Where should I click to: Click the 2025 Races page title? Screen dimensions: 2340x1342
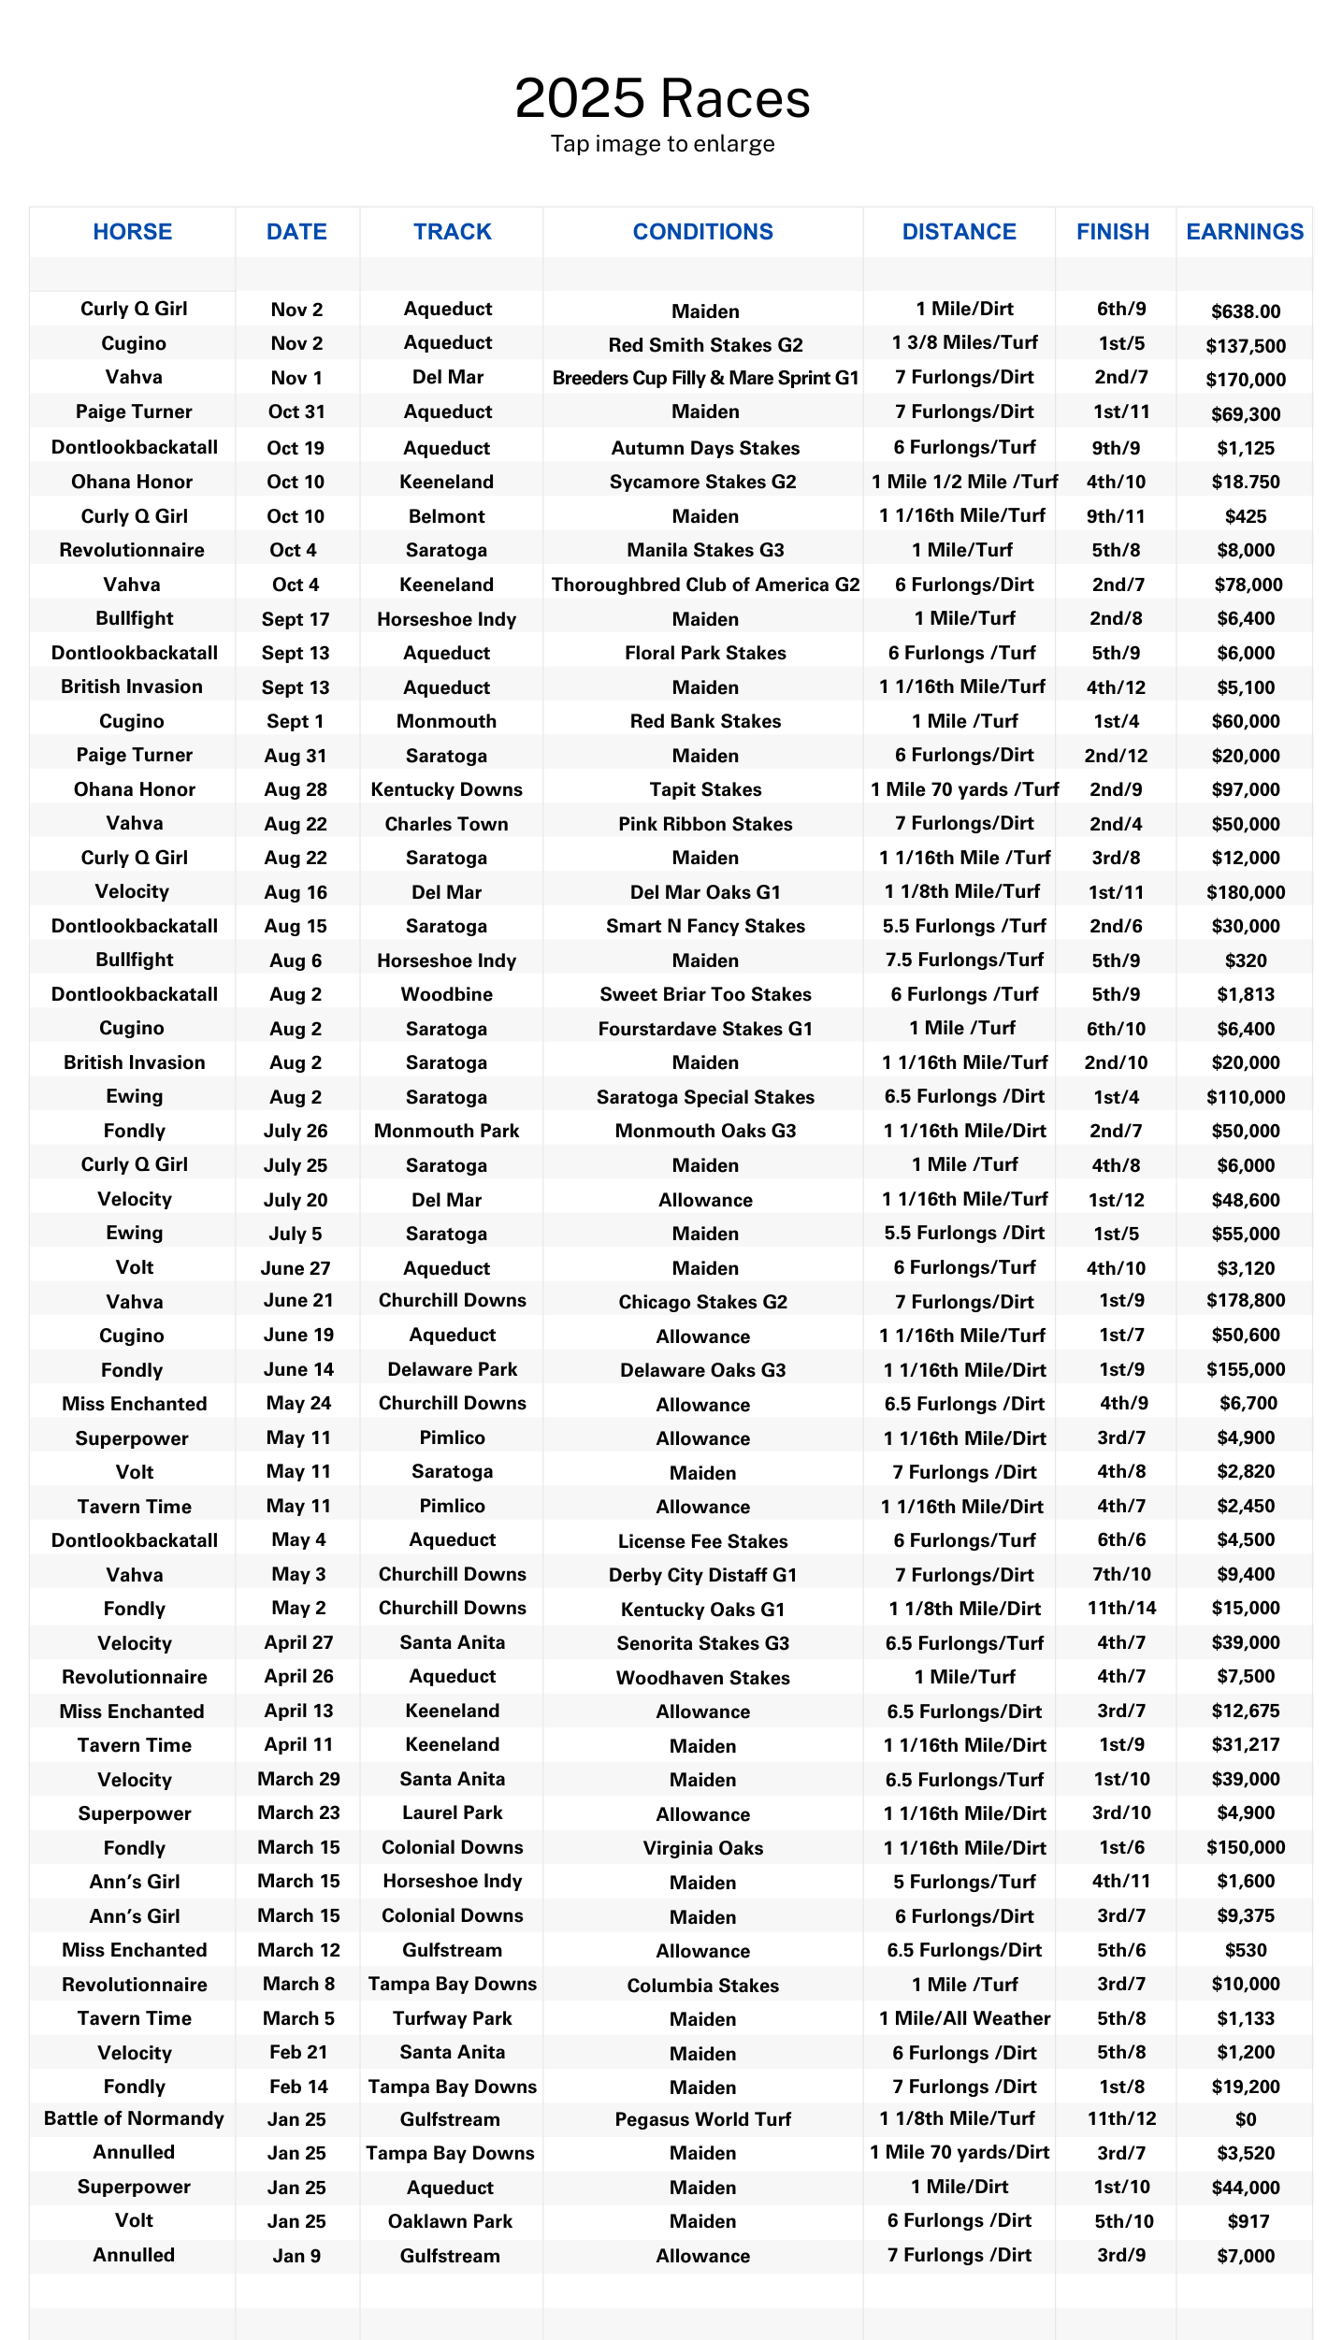[x=662, y=99]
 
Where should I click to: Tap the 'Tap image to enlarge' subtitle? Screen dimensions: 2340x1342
[x=662, y=144]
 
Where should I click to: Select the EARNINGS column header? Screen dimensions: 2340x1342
[x=1245, y=232]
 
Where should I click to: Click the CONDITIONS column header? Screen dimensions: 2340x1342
[x=703, y=232]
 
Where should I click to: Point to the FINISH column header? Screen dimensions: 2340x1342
[x=1113, y=232]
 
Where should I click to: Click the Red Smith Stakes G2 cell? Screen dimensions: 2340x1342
[x=705, y=345]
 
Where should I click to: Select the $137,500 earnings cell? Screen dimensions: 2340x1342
[x=1246, y=346]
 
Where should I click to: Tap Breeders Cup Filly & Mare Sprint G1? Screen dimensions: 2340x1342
[x=705, y=378]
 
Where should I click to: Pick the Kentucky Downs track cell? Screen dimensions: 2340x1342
[x=446, y=789]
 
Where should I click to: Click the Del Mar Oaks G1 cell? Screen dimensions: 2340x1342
[x=705, y=892]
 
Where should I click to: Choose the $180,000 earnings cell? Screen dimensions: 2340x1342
[x=1246, y=892]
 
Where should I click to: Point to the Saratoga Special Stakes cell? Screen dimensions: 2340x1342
[x=705, y=1097]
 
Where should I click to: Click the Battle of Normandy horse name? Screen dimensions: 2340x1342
[x=134, y=2118]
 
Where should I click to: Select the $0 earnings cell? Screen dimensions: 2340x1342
[x=1246, y=2119]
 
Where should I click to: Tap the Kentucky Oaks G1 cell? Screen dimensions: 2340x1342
[x=703, y=1610]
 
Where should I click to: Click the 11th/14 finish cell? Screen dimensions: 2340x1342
[x=1121, y=1608]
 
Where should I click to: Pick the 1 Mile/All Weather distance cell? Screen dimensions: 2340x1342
[x=964, y=2018]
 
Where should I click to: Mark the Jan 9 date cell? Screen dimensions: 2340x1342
[x=296, y=2255]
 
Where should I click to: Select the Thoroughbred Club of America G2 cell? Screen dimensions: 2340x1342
[x=705, y=585]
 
